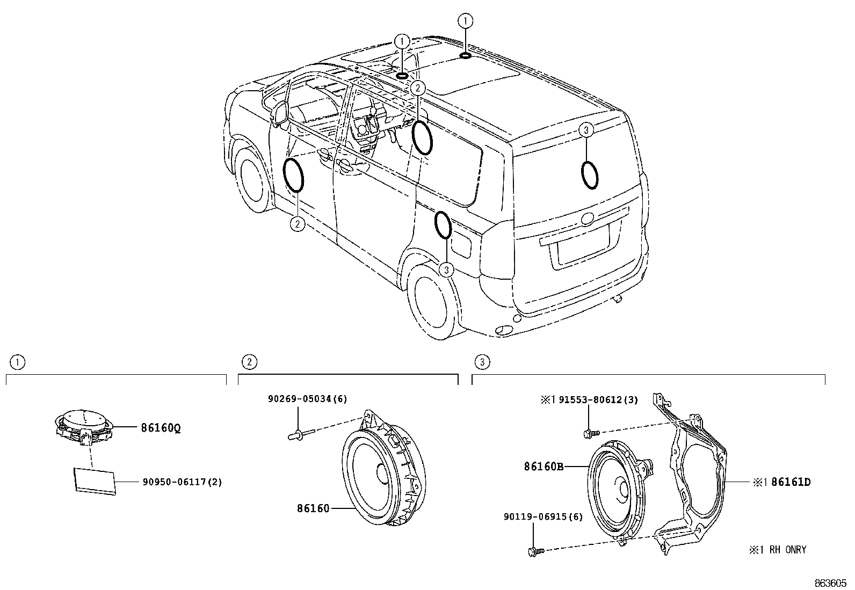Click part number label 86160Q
coord(161,428)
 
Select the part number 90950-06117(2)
coord(183,482)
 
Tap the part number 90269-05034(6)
coord(308,399)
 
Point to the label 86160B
coord(544,467)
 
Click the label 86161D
coord(791,483)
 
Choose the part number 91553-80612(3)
coord(598,400)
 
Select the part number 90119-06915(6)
coord(543,517)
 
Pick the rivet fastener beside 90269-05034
coord(301,435)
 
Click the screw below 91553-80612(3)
coord(592,433)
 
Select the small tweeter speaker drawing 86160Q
coord(84,427)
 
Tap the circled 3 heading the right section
coord(482,362)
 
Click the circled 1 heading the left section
coord(18,362)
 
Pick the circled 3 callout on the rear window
coord(586,130)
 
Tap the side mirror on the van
coord(280,113)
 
